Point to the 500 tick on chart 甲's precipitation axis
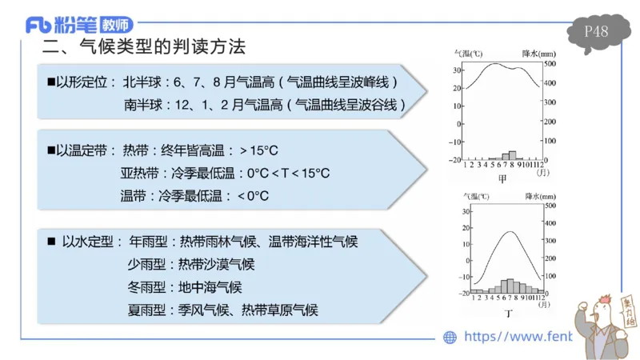point(550,63)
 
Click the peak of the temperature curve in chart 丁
point(508,232)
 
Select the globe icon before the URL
point(450,337)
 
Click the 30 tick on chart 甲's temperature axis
point(457,70)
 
